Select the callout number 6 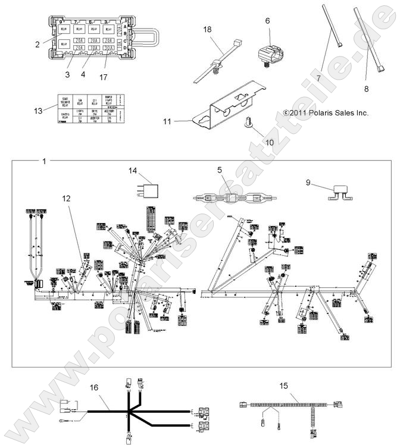tap(267, 20)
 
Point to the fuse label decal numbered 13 tap(89, 107)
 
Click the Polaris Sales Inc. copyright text tap(326, 112)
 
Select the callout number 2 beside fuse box tap(37, 43)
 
